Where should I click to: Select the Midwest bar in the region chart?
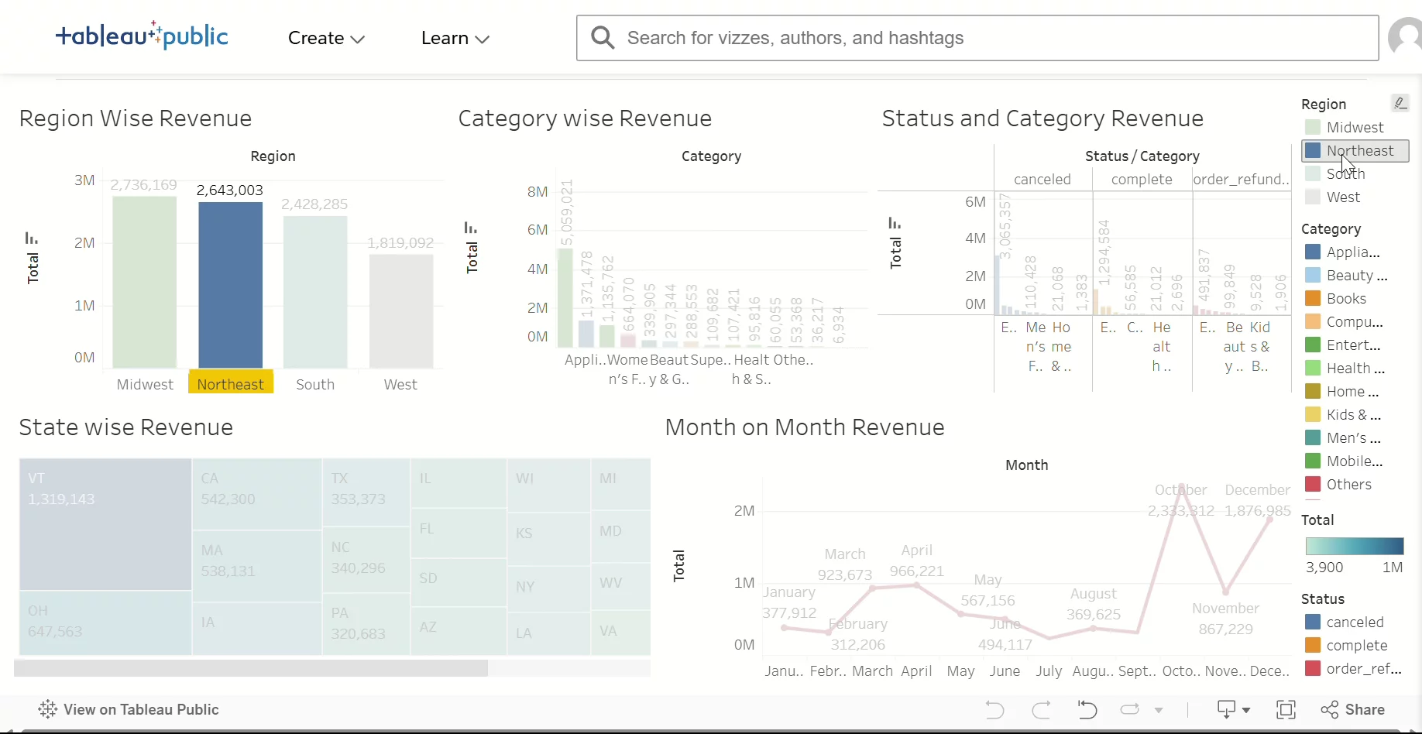[x=144, y=282]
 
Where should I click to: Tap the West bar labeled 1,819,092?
[x=400, y=310]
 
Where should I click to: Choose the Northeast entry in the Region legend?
[x=1358, y=151]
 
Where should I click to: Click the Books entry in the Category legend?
[x=1345, y=299]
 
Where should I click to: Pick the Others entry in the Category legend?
[x=1348, y=485]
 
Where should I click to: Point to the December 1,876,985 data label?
[x=1257, y=511]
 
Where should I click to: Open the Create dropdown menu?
[x=326, y=38]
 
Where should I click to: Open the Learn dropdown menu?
[x=455, y=38]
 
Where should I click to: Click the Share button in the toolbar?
[x=1353, y=710]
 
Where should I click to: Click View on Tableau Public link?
[x=129, y=710]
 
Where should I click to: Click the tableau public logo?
[x=142, y=36]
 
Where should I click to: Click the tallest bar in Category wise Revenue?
[x=565, y=297]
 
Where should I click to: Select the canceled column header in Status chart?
[x=1042, y=180]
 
